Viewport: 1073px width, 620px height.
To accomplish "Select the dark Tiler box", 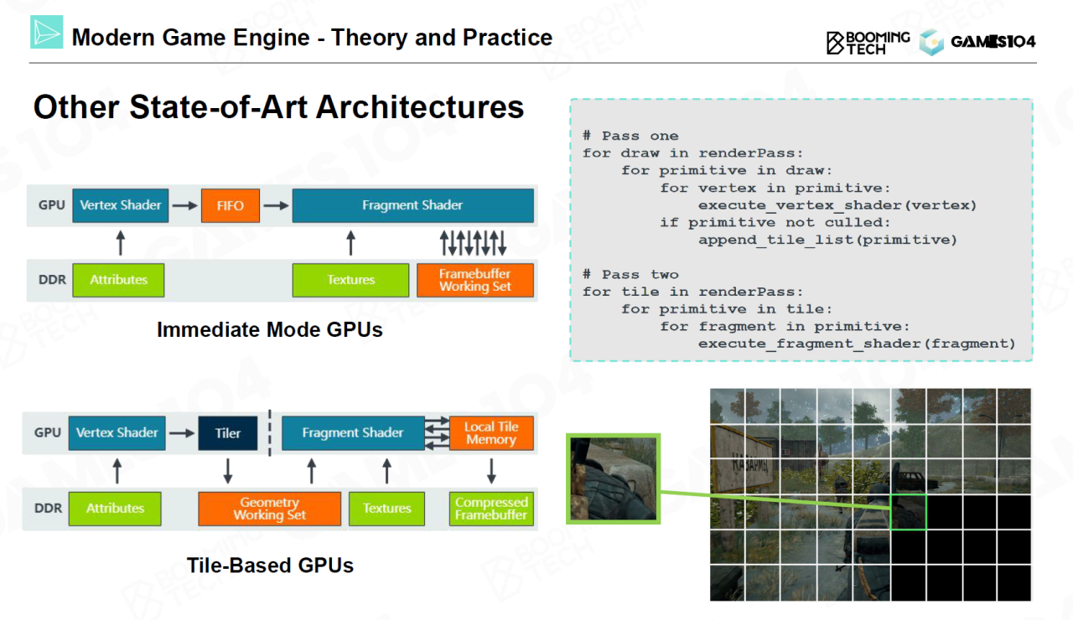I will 227,433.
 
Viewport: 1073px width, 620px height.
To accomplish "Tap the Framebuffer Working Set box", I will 475,280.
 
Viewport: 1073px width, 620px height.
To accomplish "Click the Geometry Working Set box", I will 269,509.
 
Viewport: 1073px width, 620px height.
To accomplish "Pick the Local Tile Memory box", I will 491,433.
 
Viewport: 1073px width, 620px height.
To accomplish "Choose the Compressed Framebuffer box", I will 491,509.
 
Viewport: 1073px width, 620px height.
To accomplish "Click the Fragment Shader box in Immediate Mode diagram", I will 412,205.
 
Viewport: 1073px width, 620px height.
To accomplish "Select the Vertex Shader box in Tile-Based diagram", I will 117,433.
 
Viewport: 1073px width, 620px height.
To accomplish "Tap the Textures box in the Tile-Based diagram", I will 386,509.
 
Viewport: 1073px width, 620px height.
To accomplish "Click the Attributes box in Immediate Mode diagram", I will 118,280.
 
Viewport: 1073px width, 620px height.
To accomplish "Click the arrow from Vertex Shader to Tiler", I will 181,433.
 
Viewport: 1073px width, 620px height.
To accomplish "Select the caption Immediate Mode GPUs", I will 269,330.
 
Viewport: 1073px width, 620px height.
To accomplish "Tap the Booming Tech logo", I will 868,42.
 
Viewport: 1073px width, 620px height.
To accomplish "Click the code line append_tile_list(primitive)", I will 827,240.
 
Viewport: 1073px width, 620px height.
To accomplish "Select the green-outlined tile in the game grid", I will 908,511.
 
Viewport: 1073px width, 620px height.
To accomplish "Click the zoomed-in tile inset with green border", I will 614,478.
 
